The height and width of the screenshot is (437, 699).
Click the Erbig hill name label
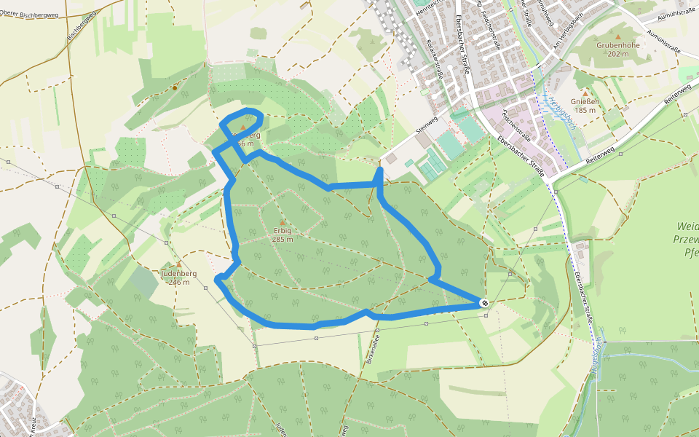click(x=283, y=231)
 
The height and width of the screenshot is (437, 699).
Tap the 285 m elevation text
click(x=283, y=240)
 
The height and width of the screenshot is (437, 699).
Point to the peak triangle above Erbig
click(x=283, y=222)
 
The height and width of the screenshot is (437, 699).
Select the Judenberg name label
click(x=178, y=274)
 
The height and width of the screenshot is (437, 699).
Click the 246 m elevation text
click(x=178, y=282)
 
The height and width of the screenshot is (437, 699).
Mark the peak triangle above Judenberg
click(x=178, y=264)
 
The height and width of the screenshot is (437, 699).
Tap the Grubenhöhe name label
click(x=617, y=45)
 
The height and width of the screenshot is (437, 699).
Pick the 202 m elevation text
click(x=617, y=54)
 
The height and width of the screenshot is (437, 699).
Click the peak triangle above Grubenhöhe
click(x=618, y=36)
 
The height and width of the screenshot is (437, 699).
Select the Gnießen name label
click(x=585, y=101)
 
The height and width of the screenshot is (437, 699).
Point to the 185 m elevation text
click(x=585, y=110)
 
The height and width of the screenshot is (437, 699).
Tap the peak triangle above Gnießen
click(x=585, y=92)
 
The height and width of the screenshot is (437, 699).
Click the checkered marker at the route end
click(x=485, y=303)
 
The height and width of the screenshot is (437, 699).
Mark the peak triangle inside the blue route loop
click(x=242, y=127)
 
